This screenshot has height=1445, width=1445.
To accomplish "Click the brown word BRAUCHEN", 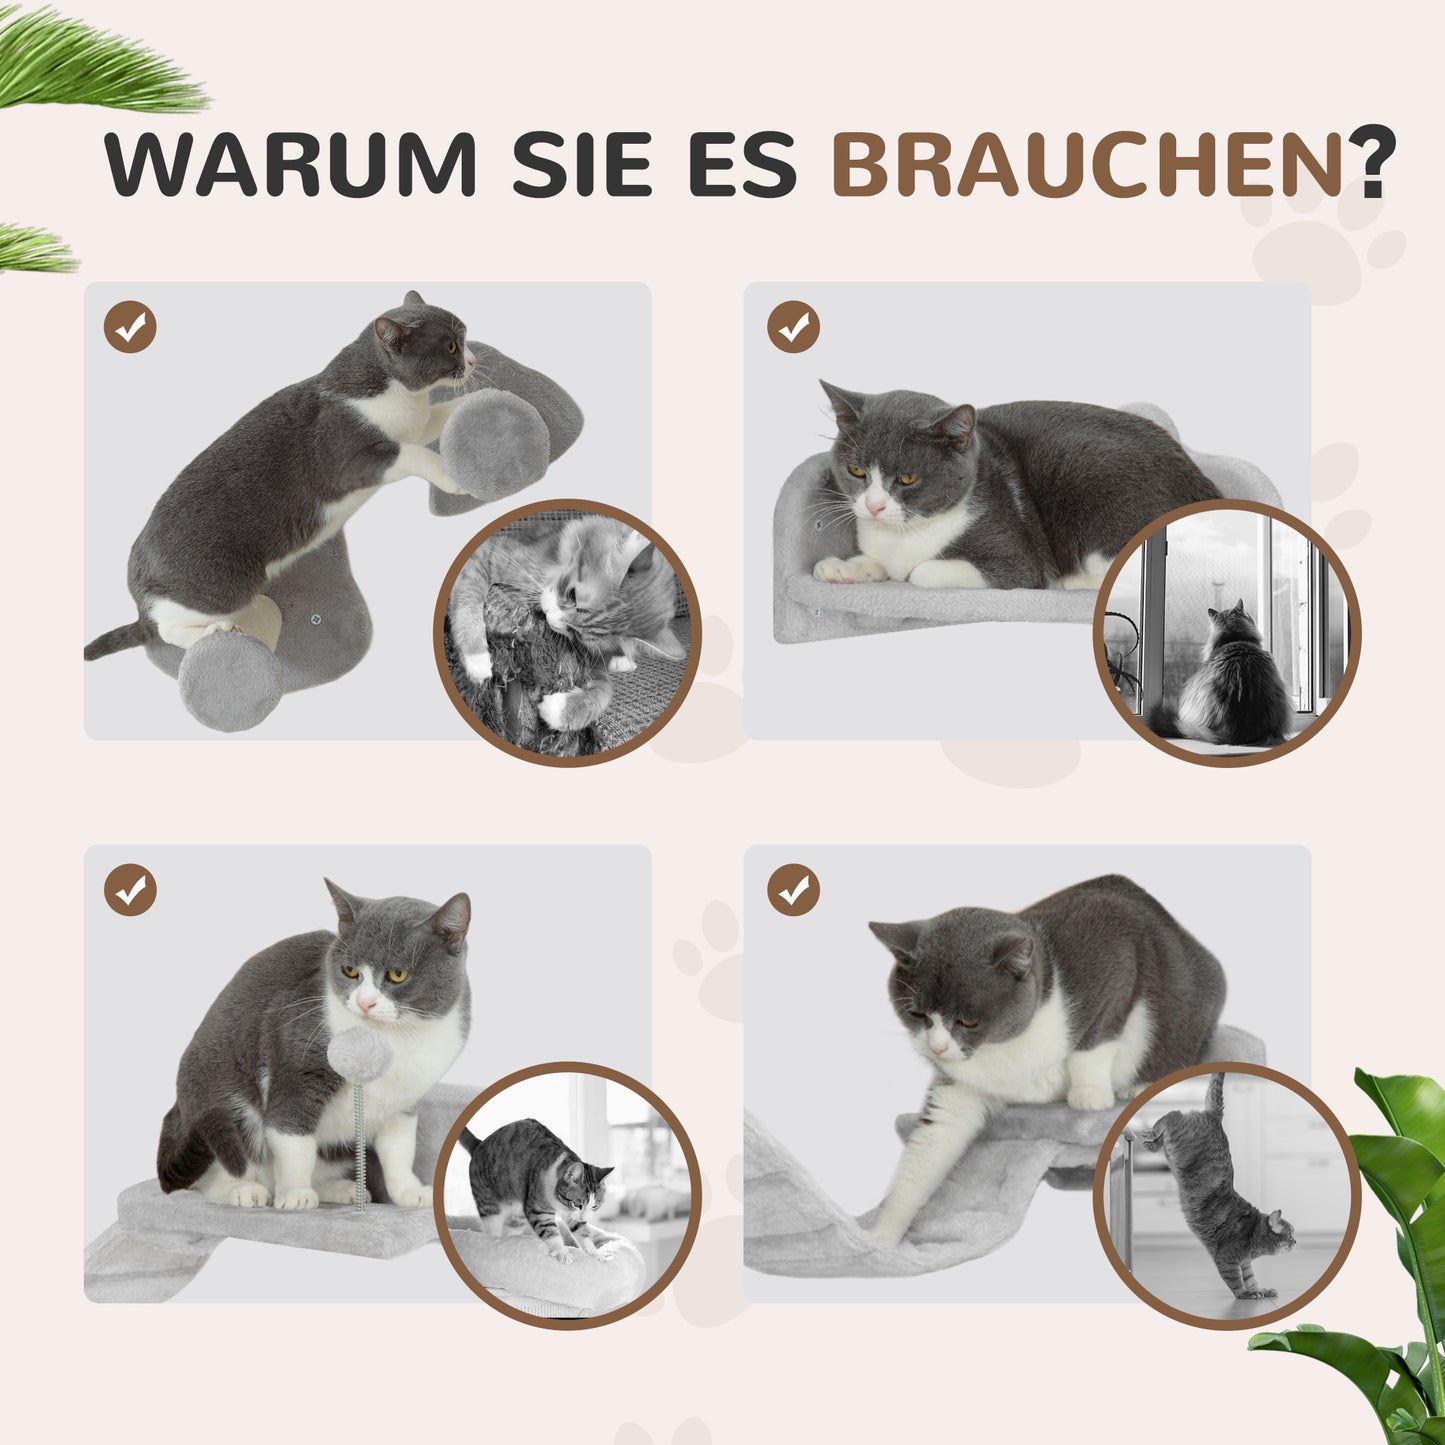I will [1087, 163].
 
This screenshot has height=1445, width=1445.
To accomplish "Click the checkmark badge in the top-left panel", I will [130, 327].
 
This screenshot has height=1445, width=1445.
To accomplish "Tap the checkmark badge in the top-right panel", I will [794, 327].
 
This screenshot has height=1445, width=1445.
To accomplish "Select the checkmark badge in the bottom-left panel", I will [130, 890].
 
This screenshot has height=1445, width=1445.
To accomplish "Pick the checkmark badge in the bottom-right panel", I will [794, 890].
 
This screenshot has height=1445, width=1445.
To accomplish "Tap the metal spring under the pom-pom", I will [359, 1140].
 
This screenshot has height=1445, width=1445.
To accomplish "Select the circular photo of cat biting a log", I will [567, 633].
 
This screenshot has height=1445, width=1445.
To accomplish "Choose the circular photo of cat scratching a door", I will [1226, 1195].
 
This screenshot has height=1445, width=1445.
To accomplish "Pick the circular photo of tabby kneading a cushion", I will [567, 1195].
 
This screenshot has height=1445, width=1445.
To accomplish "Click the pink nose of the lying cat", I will [875, 509].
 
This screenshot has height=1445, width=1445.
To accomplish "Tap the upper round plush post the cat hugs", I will [495, 444].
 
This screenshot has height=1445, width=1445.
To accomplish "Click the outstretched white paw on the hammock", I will [885, 1230].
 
